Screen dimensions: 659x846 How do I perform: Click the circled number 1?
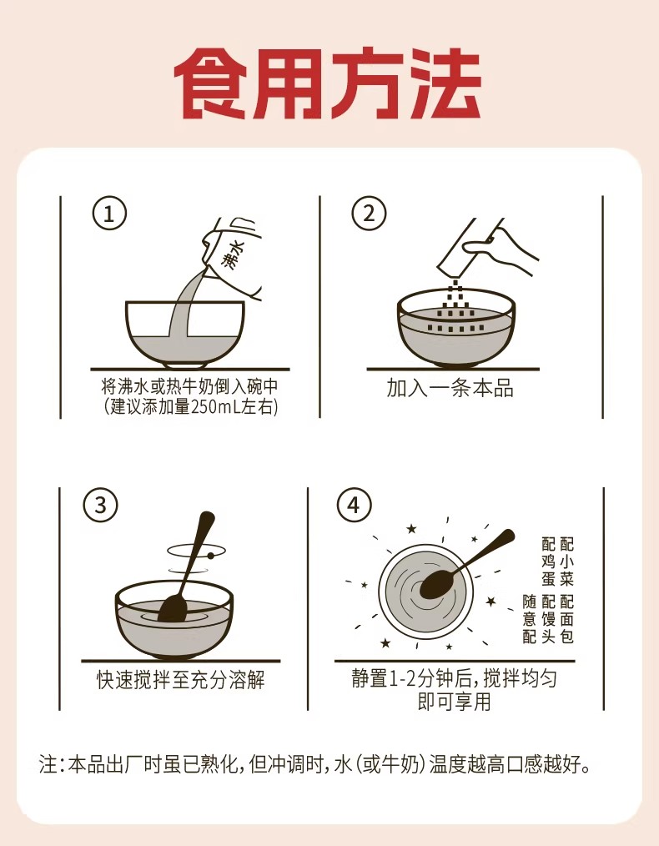click(x=109, y=214)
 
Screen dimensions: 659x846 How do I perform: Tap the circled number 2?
click(x=369, y=214)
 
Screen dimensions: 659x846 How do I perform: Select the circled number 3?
click(x=101, y=505)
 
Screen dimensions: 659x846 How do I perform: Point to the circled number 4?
click(x=354, y=505)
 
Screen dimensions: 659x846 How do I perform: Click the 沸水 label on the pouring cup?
click(x=233, y=254)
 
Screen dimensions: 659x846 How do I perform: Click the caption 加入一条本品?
click(x=450, y=388)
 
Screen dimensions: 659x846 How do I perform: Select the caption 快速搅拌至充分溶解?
click(x=181, y=680)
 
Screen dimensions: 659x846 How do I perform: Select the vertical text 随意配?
click(x=529, y=619)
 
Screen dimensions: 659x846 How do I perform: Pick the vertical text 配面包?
click(x=566, y=619)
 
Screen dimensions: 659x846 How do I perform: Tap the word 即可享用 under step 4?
click(x=454, y=702)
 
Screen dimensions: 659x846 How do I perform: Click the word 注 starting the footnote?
click(x=48, y=764)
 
